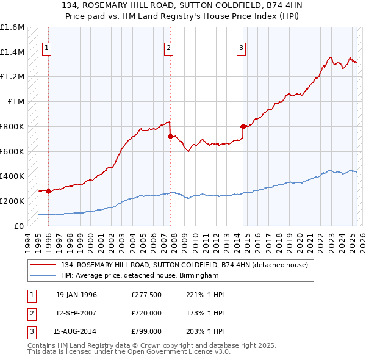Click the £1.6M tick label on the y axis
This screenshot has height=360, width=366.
(x=12, y=27)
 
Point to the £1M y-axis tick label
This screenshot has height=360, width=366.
(x=16, y=102)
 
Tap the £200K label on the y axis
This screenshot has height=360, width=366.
(x=12, y=201)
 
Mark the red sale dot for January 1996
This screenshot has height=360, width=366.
(x=48, y=191)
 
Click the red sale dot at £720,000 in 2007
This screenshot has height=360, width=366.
(x=170, y=136)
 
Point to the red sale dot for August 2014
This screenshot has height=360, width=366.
(x=243, y=126)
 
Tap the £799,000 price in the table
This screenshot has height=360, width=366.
(x=146, y=331)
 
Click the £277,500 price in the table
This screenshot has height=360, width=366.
(x=146, y=295)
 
